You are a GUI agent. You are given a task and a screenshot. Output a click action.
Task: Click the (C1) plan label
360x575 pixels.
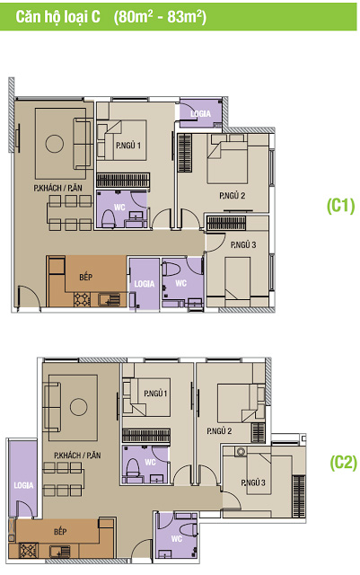click(x=340, y=206)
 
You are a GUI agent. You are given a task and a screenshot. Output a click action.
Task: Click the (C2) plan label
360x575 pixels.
click(x=343, y=463)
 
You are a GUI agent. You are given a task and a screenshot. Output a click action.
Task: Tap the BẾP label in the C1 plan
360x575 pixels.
click(x=86, y=277)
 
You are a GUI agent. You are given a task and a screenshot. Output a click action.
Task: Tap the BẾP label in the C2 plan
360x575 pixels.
click(x=60, y=531)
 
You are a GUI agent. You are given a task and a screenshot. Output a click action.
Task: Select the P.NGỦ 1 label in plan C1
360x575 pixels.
click(x=128, y=146)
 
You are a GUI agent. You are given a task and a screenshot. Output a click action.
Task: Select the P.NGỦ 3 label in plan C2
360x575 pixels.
click(x=253, y=482)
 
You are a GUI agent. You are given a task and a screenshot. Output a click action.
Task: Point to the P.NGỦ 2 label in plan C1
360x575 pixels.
click(x=232, y=196)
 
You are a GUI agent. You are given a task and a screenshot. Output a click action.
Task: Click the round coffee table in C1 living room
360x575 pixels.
click(x=54, y=144)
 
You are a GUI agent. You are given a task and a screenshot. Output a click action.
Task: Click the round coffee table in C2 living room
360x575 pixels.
click(x=78, y=407)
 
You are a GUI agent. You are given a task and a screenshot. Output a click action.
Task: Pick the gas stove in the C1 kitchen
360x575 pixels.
click(x=82, y=299)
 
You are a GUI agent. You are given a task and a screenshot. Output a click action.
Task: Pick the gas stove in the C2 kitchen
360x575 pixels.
click(x=28, y=551)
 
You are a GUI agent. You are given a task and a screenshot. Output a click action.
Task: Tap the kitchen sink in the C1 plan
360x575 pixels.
click(x=110, y=299)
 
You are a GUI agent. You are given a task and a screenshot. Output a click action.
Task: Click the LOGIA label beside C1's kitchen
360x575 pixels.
click(x=144, y=284)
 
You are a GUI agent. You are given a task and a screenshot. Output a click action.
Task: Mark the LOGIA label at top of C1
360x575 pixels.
click(x=200, y=114)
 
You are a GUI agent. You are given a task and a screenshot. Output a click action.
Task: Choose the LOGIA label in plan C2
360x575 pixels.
click(x=23, y=485)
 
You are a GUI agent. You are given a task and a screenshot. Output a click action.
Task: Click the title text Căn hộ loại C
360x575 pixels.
click(x=57, y=17)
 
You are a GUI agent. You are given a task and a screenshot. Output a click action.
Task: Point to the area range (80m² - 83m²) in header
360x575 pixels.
click(x=160, y=17)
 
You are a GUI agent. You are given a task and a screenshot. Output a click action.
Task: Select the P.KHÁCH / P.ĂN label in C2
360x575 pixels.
click(x=77, y=456)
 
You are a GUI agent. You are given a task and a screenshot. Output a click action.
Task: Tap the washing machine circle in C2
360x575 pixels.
click(x=241, y=451)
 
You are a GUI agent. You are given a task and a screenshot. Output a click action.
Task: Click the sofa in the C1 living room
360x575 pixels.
click(x=83, y=144)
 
